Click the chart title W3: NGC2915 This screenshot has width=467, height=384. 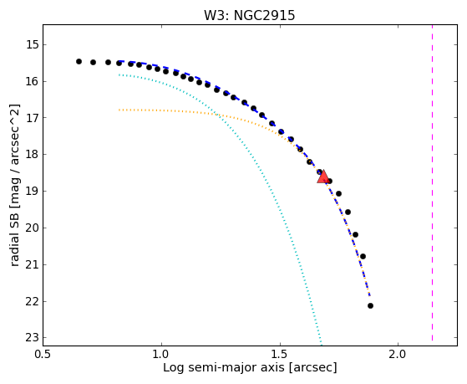(x=249, y=16)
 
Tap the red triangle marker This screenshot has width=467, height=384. (x=322, y=177)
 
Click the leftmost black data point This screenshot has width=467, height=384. (x=79, y=61)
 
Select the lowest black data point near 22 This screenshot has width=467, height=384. (x=370, y=306)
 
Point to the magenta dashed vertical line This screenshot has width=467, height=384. (x=432, y=183)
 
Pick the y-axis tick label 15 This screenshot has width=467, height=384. (x=33, y=45)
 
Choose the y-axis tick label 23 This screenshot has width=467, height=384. (x=33, y=338)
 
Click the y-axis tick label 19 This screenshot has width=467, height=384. (x=33, y=192)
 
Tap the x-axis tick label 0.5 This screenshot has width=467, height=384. (x=43, y=355)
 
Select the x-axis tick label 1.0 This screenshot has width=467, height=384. (x=161, y=355)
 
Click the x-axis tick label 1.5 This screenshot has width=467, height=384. (x=280, y=355)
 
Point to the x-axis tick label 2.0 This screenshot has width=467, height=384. (x=398, y=355)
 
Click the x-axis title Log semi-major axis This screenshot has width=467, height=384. (x=224, y=368)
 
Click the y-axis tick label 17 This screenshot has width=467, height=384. (x=33, y=118)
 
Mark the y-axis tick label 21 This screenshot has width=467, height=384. (x=33, y=264)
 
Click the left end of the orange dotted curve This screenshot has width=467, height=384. (x=119, y=110)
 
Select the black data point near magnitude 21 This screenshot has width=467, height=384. (x=363, y=256)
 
